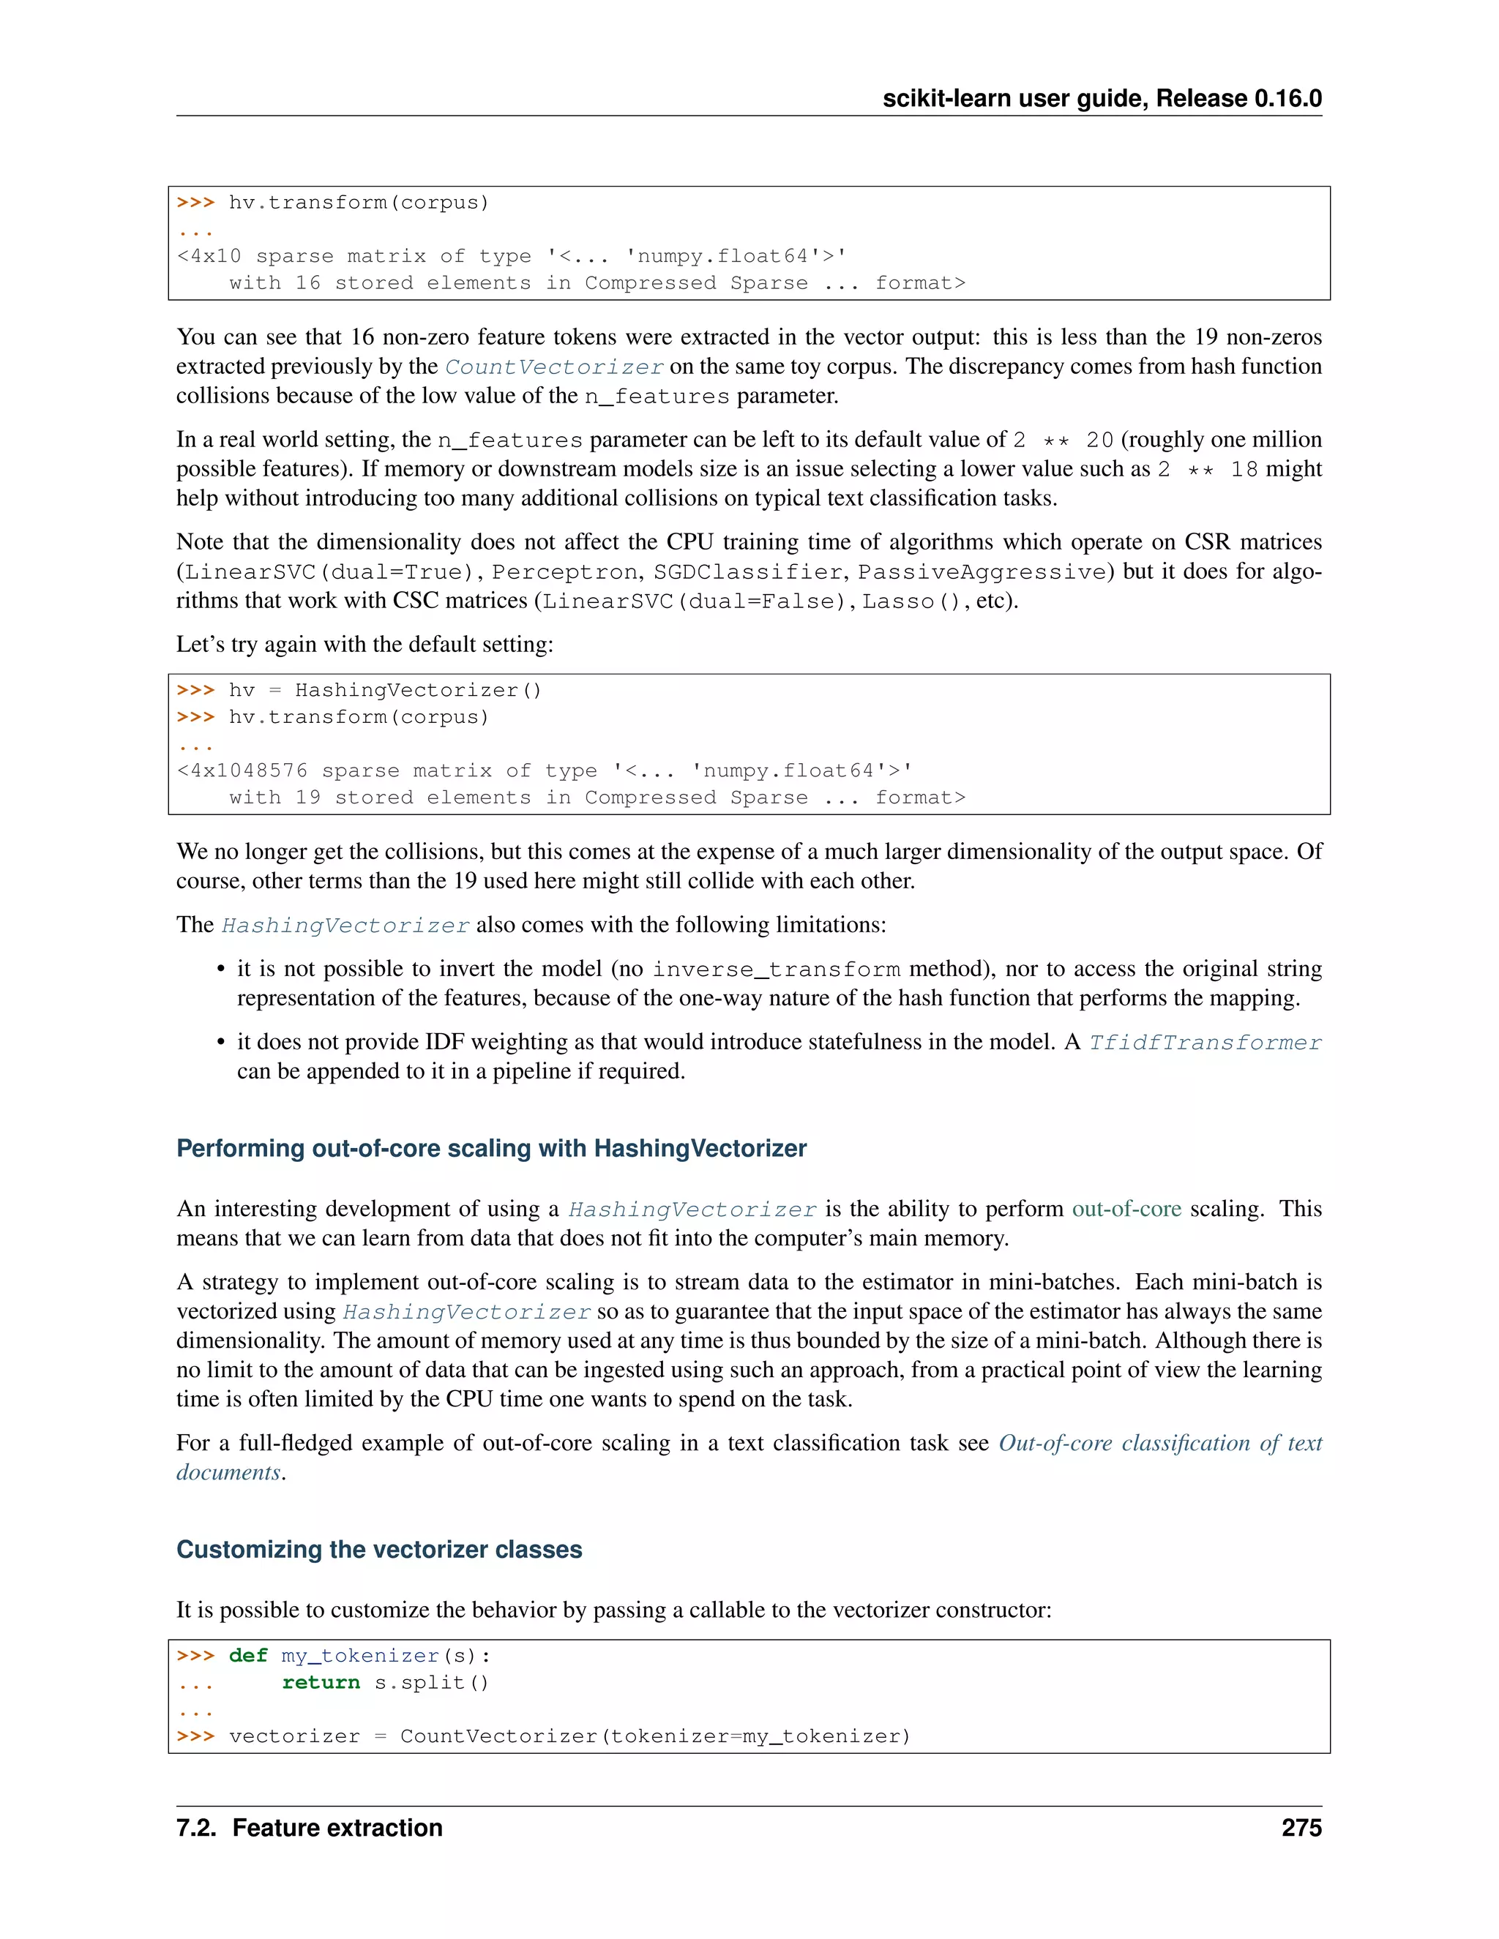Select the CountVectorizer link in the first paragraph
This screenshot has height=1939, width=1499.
tap(554, 367)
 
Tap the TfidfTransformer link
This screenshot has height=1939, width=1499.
tap(1204, 1042)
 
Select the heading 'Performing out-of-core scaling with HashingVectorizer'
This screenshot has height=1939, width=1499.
tap(491, 1148)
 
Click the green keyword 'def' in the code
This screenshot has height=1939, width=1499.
tap(248, 1656)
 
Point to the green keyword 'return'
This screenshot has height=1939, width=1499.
tap(321, 1682)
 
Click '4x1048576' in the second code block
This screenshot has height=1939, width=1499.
tap(249, 770)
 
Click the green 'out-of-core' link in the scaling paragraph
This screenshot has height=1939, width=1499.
tap(1126, 1209)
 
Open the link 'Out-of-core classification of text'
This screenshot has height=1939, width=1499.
tap(1160, 1443)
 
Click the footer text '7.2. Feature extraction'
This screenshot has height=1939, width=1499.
tap(309, 1827)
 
